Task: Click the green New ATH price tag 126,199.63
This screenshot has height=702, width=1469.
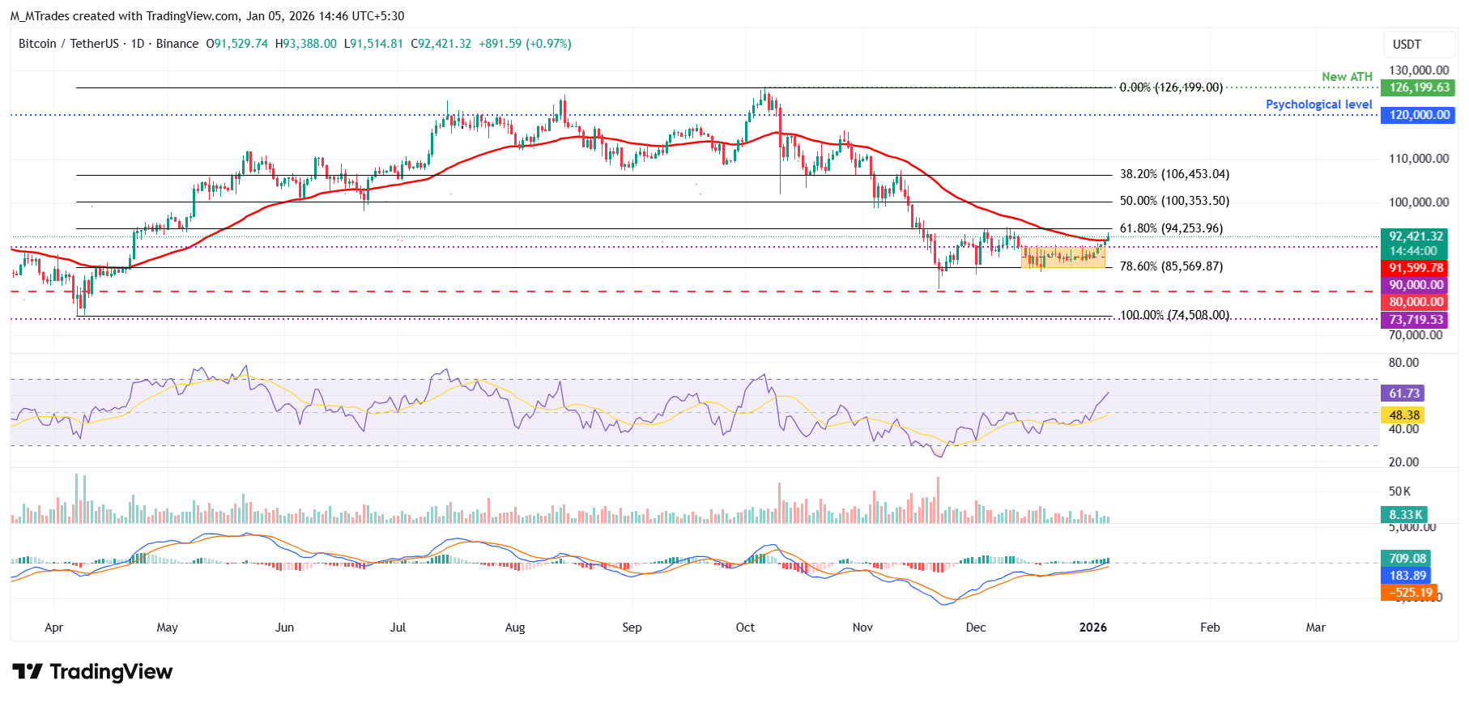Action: pyautogui.click(x=1418, y=87)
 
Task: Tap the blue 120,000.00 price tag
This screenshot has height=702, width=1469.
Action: pyautogui.click(x=1418, y=115)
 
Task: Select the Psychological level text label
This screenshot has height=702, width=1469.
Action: pyautogui.click(x=1318, y=104)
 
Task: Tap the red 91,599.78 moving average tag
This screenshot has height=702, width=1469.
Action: pyautogui.click(x=1416, y=268)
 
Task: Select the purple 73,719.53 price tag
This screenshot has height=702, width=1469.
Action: pyautogui.click(x=1416, y=320)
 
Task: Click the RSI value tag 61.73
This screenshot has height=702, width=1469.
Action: pyautogui.click(x=1404, y=394)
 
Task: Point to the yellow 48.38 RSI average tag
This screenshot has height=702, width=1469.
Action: pyautogui.click(x=1404, y=415)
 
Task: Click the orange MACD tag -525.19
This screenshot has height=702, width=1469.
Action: pyautogui.click(x=1409, y=593)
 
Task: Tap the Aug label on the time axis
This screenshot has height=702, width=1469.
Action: pyautogui.click(x=515, y=628)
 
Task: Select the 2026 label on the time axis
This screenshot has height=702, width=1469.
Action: pyautogui.click(x=1093, y=628)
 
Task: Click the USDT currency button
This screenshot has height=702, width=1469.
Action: pyautogui.click(x=1407, y=45)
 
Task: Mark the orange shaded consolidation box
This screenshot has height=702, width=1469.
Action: pyautogui.click(x=1062, y=257)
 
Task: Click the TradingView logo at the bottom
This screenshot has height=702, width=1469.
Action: pyautogui.click(x=92, y=671)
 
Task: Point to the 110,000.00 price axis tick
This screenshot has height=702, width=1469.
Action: pyautogui.click(x=1418, y=159)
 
